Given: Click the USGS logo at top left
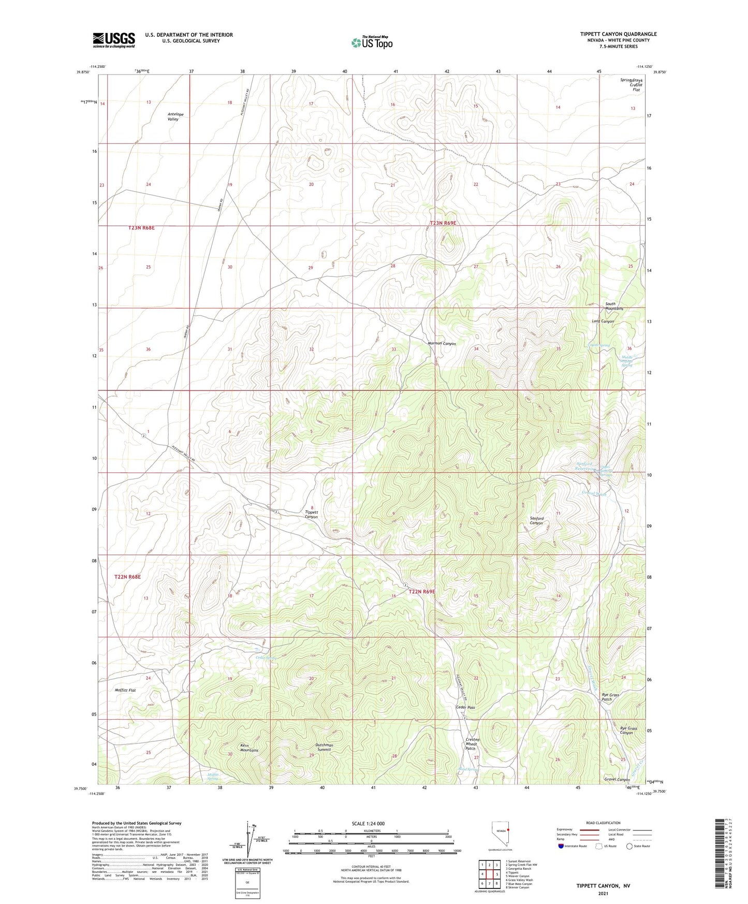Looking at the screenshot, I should coord(114,40).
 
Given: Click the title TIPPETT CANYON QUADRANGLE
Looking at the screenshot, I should coord(618,34).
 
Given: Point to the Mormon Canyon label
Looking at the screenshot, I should coord(442,343).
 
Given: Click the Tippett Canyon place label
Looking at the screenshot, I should coord(311,514).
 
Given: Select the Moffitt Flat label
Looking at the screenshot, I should coord(125,690).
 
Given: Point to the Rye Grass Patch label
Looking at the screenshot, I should coord(610,697).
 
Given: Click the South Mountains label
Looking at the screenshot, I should coord(614,306).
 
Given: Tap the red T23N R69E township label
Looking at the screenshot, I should coord(443,223).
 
